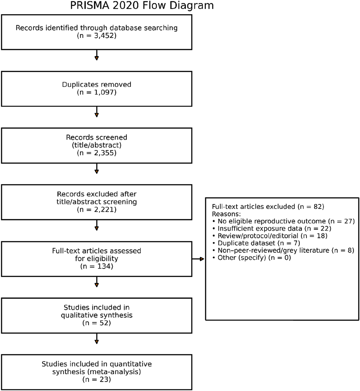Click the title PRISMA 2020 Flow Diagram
click(142, 5)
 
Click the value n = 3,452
click(97, 36)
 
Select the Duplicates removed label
click(97, 84)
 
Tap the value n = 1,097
click(97, 92)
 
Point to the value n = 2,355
click(97, 153)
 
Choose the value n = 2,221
click(97, 210)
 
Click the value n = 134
click(97, 266)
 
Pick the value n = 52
click(97, 323)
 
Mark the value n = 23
click(97, 380)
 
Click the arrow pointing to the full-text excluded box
click(198, 259)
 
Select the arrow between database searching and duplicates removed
click(97, 55)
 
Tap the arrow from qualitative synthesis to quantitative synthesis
click(97, 339)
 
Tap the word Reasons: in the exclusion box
click(226, 214)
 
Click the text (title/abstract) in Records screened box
click(97, 145)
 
